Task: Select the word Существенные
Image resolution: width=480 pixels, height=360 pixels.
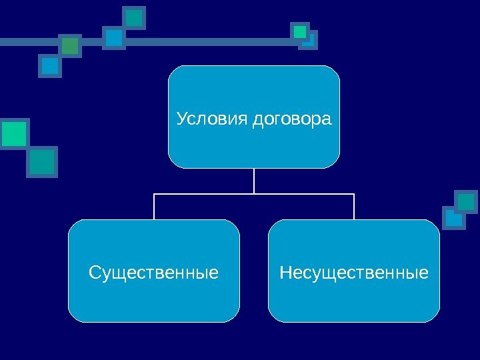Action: point(154,273)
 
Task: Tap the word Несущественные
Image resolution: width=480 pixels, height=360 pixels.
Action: point(354,273)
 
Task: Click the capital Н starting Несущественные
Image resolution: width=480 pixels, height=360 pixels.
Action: point(285,273)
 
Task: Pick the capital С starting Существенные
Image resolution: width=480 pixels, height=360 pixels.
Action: point(94,273)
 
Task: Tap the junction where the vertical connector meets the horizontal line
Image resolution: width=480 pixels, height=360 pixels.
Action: point(254,194)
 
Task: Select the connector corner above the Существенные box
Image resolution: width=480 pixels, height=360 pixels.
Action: point(154,195)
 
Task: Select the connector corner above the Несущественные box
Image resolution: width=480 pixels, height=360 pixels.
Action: point(354,195)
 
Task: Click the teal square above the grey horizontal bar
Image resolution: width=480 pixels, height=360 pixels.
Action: point(135,17)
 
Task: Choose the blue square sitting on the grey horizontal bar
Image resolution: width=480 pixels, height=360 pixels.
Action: point(114,38)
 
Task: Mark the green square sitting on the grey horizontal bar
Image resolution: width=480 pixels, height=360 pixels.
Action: point(70,45)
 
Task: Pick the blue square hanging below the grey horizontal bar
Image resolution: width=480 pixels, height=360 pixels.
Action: point(50,65)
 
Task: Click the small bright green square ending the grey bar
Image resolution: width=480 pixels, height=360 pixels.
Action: point(300,31)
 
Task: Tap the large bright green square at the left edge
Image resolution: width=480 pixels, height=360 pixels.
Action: point(13,133)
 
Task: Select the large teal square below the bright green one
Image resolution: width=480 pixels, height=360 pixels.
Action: point(42,162)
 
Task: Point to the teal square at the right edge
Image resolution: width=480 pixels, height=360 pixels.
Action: point(466,201)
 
